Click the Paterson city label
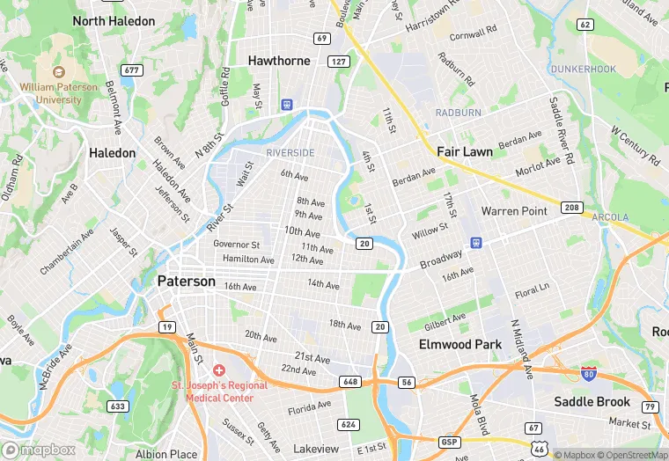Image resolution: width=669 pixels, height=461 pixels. [186, 282]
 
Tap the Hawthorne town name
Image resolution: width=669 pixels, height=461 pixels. [279, 61]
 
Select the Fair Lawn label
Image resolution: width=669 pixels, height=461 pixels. [465, 151]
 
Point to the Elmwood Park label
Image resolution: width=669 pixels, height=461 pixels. [459, 344]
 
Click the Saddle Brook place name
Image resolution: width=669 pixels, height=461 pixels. [592, 402]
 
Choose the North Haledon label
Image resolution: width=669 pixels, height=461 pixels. [114, 20]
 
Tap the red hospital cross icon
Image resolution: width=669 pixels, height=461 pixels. [218, 371]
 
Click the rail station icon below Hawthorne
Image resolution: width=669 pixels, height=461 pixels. [287, 104]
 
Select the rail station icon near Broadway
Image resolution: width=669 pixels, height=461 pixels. [476, 242]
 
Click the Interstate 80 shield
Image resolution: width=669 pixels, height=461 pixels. [588, 373]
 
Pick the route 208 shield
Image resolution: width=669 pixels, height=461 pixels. [572, 208]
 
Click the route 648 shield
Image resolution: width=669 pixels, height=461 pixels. [351, 382]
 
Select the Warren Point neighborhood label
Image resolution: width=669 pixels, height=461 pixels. [514, 211]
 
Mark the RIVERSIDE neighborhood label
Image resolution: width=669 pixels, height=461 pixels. [290, 153]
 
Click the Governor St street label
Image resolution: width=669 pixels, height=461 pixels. [237, 245]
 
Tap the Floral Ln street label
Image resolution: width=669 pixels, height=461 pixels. [532, 289]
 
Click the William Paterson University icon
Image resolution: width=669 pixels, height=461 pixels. [59, 73]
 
